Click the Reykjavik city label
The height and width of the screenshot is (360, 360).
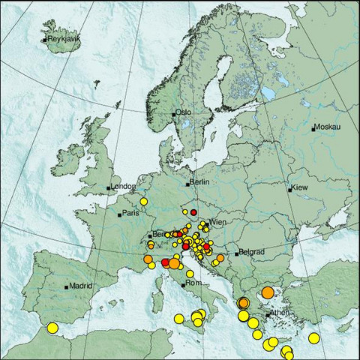(x=63, y=39)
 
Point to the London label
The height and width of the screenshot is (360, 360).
(x=123, y=187)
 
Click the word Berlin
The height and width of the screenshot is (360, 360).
(x=199, y=182)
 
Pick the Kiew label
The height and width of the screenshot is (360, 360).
(x=300, y=187)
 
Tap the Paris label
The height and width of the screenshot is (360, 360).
(x=132, y=213)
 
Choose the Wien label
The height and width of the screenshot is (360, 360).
(x=217, y=223)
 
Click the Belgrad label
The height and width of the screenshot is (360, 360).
(x=250, y=253)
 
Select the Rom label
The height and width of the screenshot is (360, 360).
(x=193, y=283)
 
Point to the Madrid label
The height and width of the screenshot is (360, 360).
(x=80, y=285)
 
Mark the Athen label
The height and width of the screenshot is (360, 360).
(x=280, y=312)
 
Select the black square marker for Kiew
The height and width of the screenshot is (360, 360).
(x=290, y=190)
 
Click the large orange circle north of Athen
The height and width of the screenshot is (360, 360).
(x=268, y=292)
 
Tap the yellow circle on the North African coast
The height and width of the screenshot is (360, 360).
(x=52, y=327)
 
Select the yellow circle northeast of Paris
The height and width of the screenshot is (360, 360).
(x=143, y=201)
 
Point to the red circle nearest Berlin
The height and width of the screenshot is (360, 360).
(x=193, y=212)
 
